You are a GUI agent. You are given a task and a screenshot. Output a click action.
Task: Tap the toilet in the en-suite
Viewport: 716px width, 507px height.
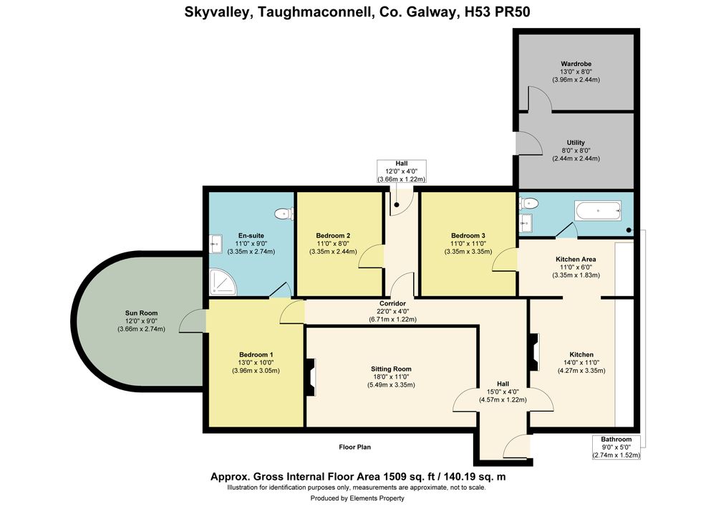point(284,213)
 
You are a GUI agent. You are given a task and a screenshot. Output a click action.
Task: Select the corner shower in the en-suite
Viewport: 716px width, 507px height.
point(223,282)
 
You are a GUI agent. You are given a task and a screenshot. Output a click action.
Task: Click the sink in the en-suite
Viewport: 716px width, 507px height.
point(216,244)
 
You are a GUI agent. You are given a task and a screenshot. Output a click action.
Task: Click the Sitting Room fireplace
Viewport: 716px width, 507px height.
point(310,377)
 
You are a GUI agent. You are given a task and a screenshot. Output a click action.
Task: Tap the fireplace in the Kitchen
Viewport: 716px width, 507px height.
point(534,353)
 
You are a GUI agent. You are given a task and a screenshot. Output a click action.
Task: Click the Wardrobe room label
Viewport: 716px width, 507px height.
point(576,64)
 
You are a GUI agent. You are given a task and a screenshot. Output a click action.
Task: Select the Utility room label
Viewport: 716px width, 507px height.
point(576,143)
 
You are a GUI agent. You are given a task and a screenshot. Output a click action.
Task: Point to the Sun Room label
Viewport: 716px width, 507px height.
point(142,313)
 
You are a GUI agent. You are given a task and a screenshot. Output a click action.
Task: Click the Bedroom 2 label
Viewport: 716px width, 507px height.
point(334,236)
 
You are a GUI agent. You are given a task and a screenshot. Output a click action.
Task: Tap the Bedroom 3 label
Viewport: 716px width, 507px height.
point(468,236)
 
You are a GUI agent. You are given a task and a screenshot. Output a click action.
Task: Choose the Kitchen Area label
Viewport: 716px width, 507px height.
point(576,259)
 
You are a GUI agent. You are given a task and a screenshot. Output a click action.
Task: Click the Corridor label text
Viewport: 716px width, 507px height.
point(392,303)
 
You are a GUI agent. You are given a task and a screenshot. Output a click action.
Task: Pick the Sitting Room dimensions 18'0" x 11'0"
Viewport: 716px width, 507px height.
point(391,377)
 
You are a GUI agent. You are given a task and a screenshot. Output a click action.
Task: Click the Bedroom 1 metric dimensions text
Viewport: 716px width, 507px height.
point(256,371)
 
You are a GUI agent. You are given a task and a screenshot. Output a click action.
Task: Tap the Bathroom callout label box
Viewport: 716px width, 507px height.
point(616,447)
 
